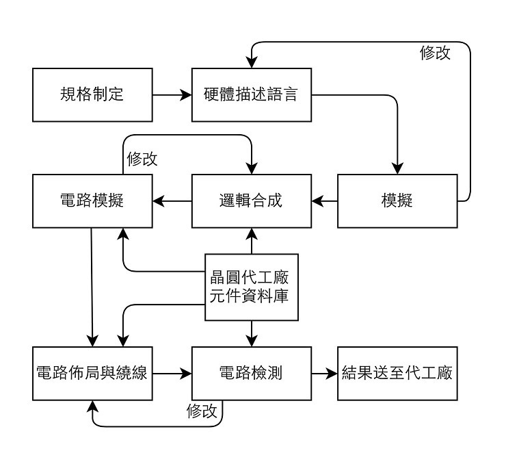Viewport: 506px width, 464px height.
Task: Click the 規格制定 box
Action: point(92,95)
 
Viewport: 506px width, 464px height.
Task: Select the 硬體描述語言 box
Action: point(251,95)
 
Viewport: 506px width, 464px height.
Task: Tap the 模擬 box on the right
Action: point(397,201)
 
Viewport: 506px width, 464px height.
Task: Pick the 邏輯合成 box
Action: point(251,201)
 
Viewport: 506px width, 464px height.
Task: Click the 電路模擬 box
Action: point(92,201)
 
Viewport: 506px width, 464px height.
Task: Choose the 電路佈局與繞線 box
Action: point(92,374)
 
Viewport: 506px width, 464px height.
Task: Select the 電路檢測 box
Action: point(251,374)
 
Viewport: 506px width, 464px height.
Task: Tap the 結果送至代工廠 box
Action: point(397,374)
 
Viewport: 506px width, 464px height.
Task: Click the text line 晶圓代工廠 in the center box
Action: point(252,278)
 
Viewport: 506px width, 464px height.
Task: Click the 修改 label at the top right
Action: point(435,53)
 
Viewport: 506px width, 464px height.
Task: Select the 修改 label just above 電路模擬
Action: point(142,159)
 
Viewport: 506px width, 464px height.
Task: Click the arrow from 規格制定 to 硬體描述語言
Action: point(172,95)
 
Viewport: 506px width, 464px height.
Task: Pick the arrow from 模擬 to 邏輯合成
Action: point(325,201)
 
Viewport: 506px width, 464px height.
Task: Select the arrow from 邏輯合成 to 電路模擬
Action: point(172,201)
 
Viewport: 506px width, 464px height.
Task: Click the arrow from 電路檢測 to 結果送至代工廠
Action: point(325,374)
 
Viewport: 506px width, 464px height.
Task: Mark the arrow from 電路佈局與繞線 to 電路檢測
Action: point(172,374)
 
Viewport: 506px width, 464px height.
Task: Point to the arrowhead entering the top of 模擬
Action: point(397,168)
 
